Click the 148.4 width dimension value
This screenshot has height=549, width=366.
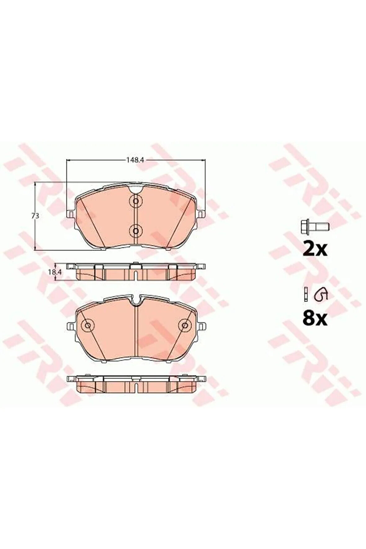(x=136, y=160)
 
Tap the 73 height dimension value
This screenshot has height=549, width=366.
(x=37, y=216)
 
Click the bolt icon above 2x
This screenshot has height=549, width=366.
(x=315, y=226)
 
